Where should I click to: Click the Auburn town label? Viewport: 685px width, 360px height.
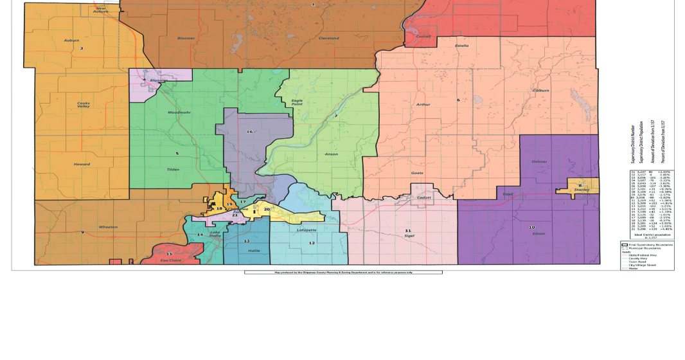pyautogui.click(x=71, y=40)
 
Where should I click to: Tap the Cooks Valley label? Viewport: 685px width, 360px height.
pyautogui.click(x=84, y=106)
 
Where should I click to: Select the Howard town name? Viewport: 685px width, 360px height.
pyautogui.click(x=81, y=165)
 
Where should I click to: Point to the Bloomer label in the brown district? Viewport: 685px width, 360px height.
pyautogui.click(x=186, y=38)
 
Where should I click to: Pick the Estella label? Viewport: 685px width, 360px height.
pyautogui.click(x=461, y=46)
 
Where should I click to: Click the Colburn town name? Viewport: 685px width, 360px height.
pyautogui.click(x=540, y=91)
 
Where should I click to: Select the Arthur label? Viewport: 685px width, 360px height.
pyautogui.click(x=423, y=104)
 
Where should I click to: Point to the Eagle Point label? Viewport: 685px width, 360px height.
pyautogui.click(x=297, y=102)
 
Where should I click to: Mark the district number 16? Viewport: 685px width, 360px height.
pyautogui.click(x=249, y=132)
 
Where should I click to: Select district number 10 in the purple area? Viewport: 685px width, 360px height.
pyautogui.click(x=531, y=227)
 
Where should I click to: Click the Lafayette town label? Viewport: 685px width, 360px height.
pyautogui.click(x=307, y=230)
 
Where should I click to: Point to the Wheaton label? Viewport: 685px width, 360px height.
pyautogui.click(x=108, y=227)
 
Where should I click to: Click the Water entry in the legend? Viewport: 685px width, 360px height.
pyautogui.click(x=634, y=268)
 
